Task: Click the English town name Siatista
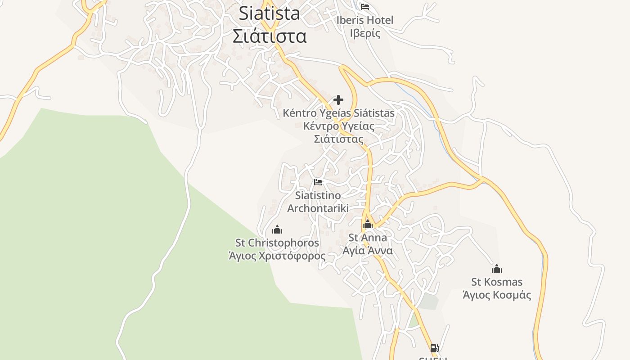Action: [x=269, y=13]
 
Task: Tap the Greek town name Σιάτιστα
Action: [x=269, y=36]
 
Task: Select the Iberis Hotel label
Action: [x=364, y=20]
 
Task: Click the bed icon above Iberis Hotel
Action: [x=364, y=7]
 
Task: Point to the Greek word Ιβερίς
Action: [x=364, y=33]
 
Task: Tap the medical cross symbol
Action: [x=338, y=100]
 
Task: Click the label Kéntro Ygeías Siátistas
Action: [x=338, y=113]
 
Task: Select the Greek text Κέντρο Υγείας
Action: [x=338, y=126]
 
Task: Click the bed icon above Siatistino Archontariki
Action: [x=318, y=182]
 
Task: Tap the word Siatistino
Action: [x=318, y=196]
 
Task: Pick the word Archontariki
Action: [x=318, y=208]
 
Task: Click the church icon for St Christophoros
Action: [x=277, y=229]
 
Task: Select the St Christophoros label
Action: [x=277, y=243]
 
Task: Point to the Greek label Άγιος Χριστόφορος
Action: [x=277, y=256]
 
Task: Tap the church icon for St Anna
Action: [x=368, y=224]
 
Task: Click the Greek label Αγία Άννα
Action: [x=368, y=251]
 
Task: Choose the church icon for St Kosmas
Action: [x=497, y=269]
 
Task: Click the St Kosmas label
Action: [x=497, y=282]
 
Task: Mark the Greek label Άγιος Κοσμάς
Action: [x=497, y=295]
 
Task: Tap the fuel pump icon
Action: [x=434, y=348]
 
